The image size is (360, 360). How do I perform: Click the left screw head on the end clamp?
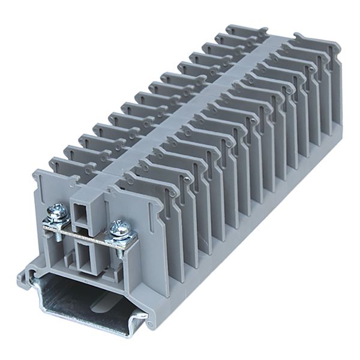(x=58, y=211)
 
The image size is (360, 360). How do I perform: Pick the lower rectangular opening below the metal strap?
(x=86, y=252)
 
